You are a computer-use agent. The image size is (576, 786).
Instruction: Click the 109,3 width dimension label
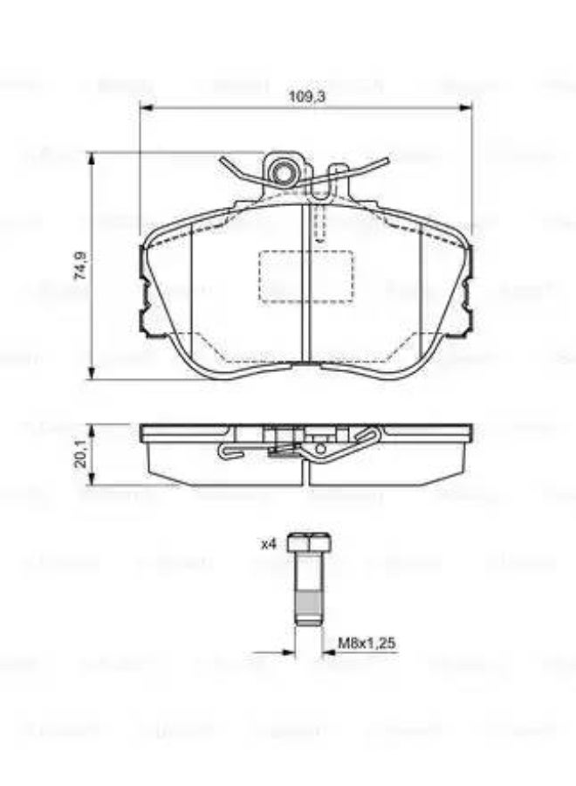[x=306, y=97]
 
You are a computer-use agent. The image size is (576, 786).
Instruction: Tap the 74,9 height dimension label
[x=79, y=265]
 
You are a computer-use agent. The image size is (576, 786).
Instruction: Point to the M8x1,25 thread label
[x=367, y=644]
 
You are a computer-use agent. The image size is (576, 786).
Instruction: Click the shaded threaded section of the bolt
[x=307, y=602]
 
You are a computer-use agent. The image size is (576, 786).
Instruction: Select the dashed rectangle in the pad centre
[x=305, y=277]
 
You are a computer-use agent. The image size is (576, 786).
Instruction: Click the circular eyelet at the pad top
[x=282, y=173]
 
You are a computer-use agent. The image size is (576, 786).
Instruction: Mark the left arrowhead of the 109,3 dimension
[x=146, y=108]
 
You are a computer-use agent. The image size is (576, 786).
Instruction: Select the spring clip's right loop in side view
[x=371, y=433]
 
